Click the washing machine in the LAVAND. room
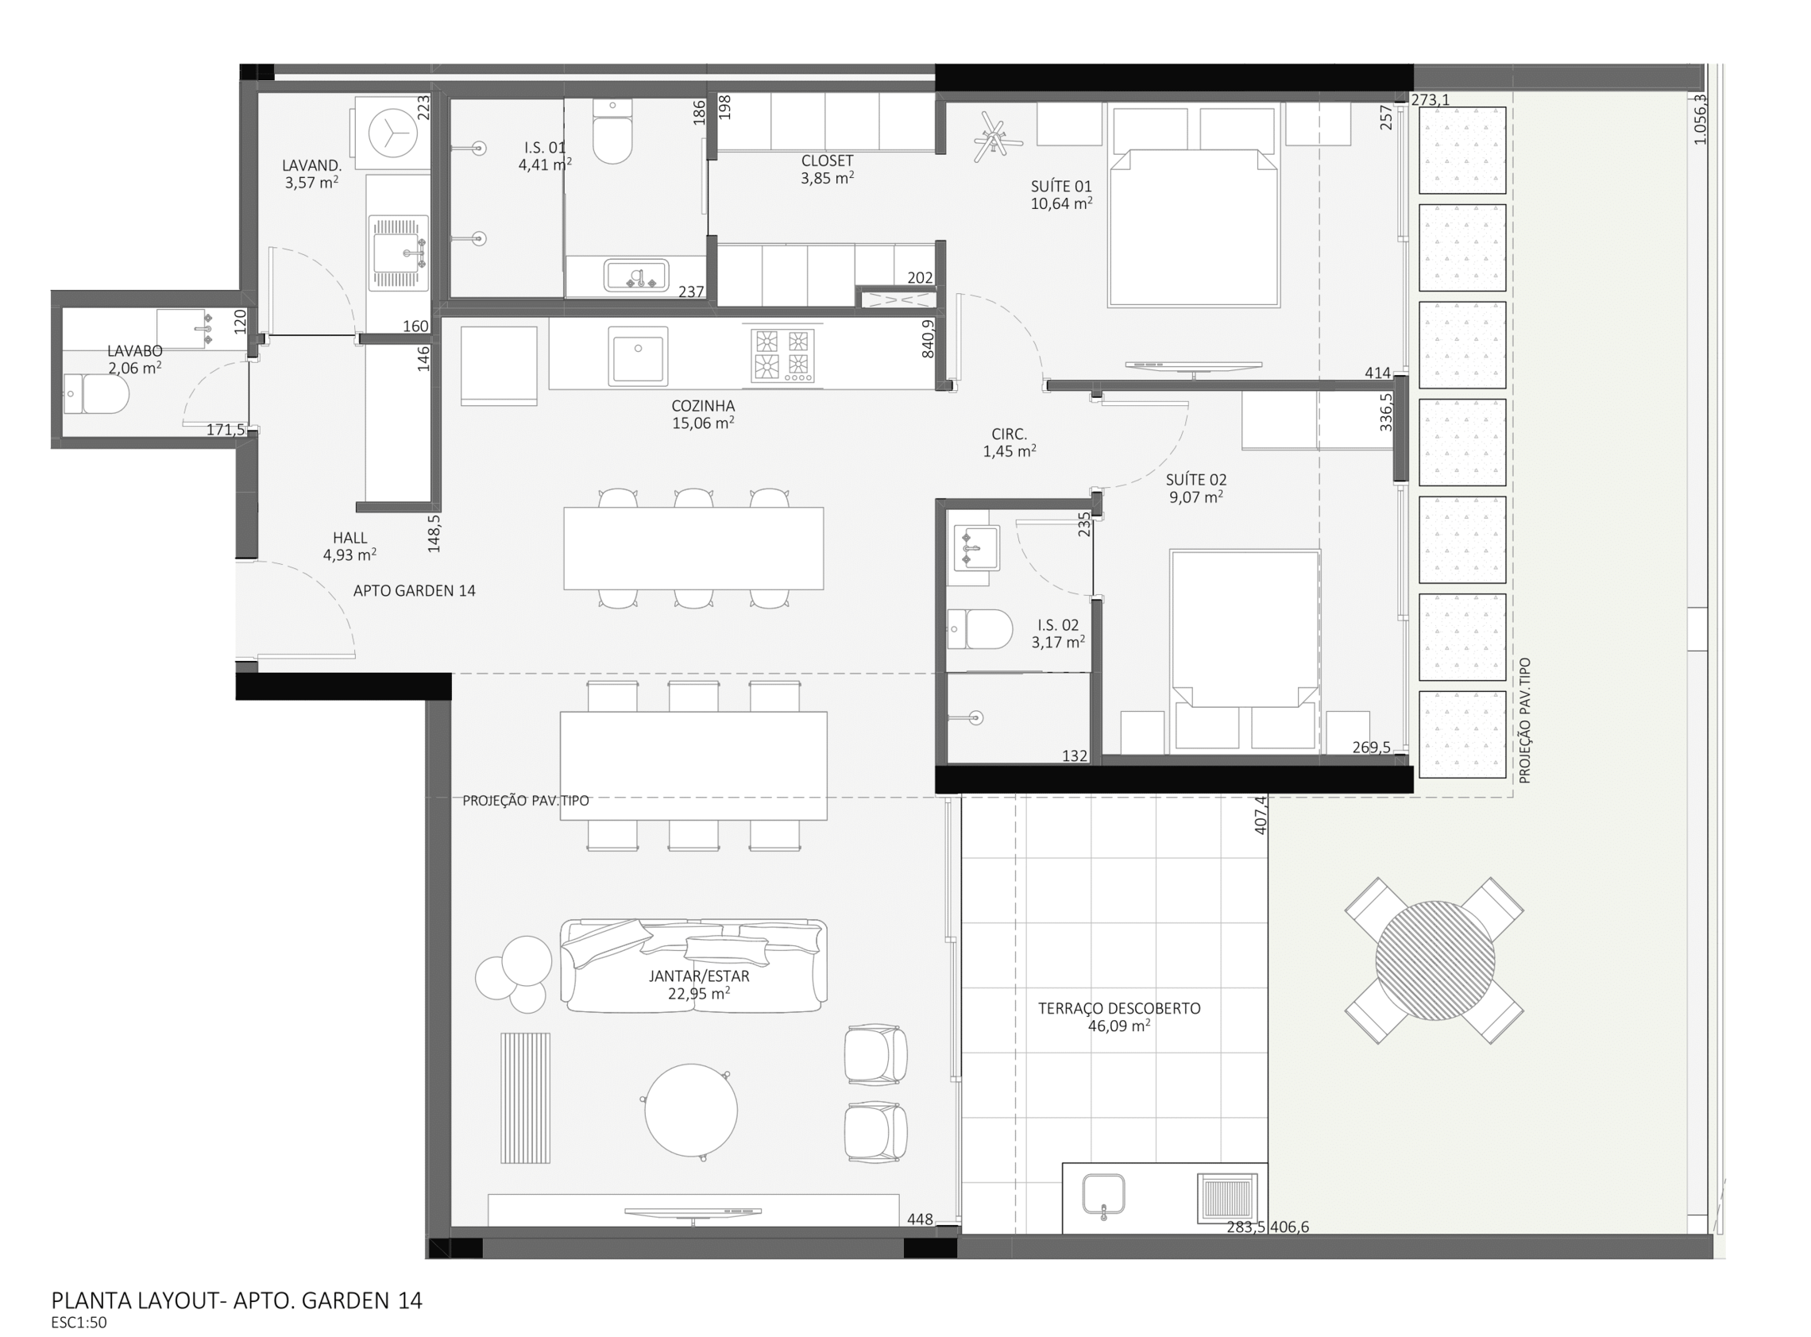tap(392, 133)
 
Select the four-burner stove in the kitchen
tap(782, 355)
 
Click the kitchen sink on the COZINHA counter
tap(639, 355)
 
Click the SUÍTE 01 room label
tap(1061, 186)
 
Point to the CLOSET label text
tap(827, 161)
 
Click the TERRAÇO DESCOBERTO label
tap(1119, 1008)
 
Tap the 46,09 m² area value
tap(1119, 1026)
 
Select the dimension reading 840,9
tap(928, 338)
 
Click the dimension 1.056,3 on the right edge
tap(1700, 120)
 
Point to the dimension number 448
tap(919, 1219)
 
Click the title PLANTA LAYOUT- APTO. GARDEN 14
tap(236, 1300)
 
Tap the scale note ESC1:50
tap(79, 1323)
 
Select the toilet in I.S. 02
tap(981, 629)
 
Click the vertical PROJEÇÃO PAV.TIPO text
tap(1524, 721)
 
